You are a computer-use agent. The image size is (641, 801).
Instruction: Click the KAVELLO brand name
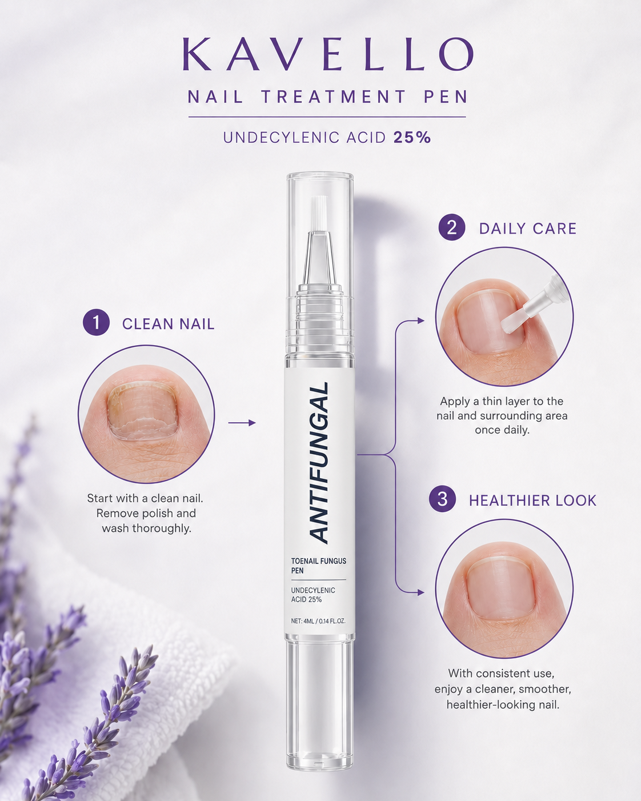point(328,54)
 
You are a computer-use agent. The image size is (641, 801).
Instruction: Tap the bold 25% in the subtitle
point(412,138)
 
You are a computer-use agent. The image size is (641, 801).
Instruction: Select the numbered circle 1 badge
point(96,322)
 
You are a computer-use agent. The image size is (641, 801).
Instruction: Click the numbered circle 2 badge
point(451,227)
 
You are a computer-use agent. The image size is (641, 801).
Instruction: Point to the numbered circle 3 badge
point(442,499)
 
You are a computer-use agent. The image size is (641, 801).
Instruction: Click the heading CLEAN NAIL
point(169,324)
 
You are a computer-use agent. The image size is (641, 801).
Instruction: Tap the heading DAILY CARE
point(528,229)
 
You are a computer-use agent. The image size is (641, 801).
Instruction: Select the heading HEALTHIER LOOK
point(532,500)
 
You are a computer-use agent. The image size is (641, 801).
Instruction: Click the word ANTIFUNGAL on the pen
point(319,463)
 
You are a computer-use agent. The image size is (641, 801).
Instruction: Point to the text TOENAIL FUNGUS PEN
point(319,566)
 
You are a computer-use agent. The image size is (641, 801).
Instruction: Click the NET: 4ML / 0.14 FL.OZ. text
point(318,621)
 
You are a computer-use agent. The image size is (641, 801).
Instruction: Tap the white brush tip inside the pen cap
point(319,214)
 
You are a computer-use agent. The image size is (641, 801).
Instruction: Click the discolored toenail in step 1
point(142,411)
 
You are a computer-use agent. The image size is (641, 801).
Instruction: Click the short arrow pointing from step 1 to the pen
point(242,423)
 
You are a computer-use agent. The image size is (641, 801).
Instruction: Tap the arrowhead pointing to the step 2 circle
point(420,321)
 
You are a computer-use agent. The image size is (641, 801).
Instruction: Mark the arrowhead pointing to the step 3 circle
point(420,592)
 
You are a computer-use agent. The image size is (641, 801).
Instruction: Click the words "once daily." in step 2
point(502,430)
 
